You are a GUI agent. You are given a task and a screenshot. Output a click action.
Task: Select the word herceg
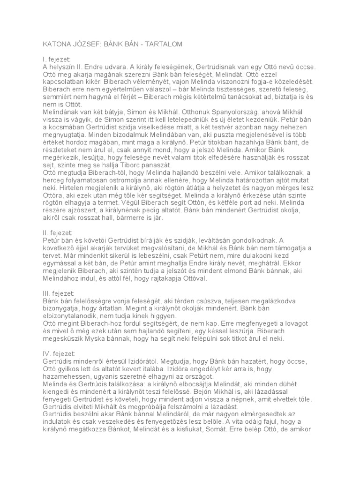57,180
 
